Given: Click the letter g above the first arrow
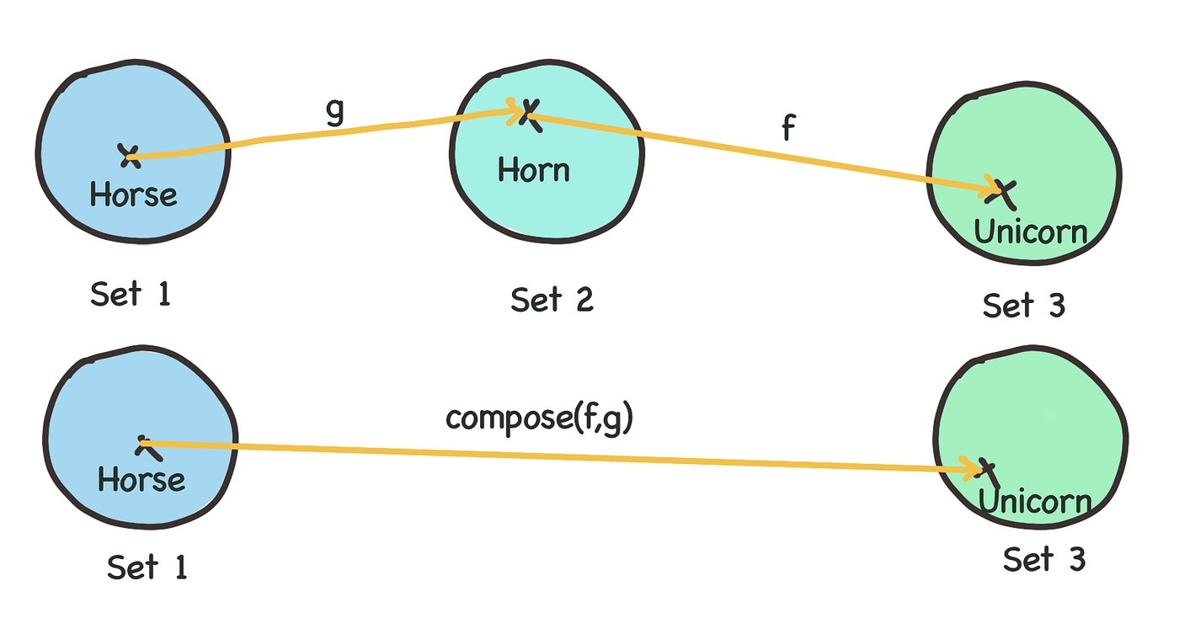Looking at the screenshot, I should pos(335,112).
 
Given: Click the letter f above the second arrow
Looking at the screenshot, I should pos(787,130).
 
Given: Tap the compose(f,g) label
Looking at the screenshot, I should pos(539,418).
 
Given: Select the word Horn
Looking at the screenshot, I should pos(534,171).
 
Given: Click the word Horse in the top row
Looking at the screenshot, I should pos(134,195).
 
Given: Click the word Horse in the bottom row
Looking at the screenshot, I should pos(141,479).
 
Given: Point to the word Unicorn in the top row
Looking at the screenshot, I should pos(1031,231).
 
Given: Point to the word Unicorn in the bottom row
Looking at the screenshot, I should pos(1035,503).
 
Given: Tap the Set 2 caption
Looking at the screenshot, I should pos(552,299).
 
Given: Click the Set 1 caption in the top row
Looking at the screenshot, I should pos(131,295).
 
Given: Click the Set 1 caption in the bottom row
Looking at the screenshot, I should pos(147,567).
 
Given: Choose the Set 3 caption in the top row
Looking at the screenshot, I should pos(1023,305).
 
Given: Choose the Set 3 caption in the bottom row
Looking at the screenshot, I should pos(1044,559).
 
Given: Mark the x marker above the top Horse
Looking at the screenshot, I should pos(129,154).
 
